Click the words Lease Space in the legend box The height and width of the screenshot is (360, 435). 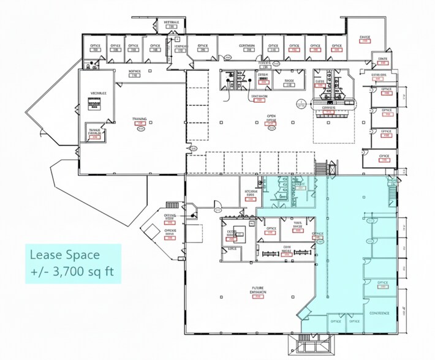(x=64, y=254)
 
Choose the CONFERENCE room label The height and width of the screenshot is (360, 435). (x=379, y=313)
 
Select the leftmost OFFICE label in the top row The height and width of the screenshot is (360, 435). (x=95, y=45)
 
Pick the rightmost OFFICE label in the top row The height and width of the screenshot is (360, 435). (x=336, y=45)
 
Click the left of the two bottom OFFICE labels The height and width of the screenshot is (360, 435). (x=335, y=321)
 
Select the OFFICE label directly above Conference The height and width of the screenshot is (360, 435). (x=382, y=282)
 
